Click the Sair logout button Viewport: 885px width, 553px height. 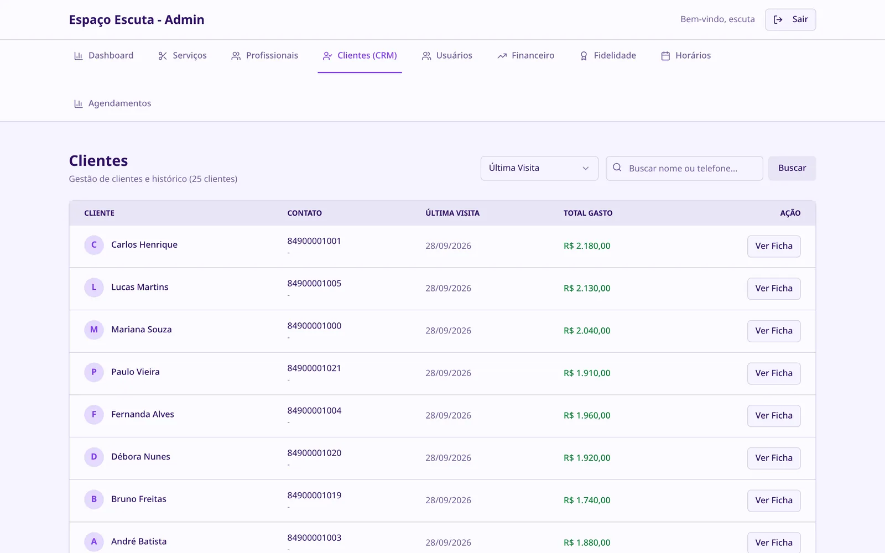pyautogui.click(x=790, y=19)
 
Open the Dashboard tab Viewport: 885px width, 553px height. pyautogui.click(x=103, y=56)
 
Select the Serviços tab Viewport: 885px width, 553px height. pyautogui.click(x=182, y=56)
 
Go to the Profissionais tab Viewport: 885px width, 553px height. pyautogui.click(x=264, y=56)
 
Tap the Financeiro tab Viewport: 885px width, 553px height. pyautogui.click(x=525, y=56)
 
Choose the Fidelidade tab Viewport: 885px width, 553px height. pyautogui.click(x=607, y=56)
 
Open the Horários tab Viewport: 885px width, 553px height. pyautogui.click(x=685, y=56)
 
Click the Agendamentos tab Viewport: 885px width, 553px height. pyautogui.click(x=112, y=103)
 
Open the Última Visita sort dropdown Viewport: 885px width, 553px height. pyautogui.click(x=539, y=168)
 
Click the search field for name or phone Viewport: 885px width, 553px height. pyautogui.click(x=684, y=168)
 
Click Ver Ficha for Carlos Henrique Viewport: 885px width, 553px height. pyautogui.click(x=774, y=246)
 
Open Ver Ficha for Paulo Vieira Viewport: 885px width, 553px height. pyautogui.click(x=774, y=373)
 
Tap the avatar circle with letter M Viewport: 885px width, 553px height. pyautogui.click(x=94, y=330)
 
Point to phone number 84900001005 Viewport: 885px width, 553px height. pyautogui.click(x=314, y=284)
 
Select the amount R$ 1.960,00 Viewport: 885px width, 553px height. pyautogui.click(x=587, y=415)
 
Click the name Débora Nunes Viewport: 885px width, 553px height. pyautogui.click(x=140, y=457)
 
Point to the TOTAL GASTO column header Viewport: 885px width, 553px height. pyautogui.click(x=588, y=213)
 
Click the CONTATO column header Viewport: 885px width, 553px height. pyautogui.click(x=304, y=213)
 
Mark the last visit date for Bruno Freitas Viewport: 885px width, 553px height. pyautogui.click(x=448, y=500)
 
